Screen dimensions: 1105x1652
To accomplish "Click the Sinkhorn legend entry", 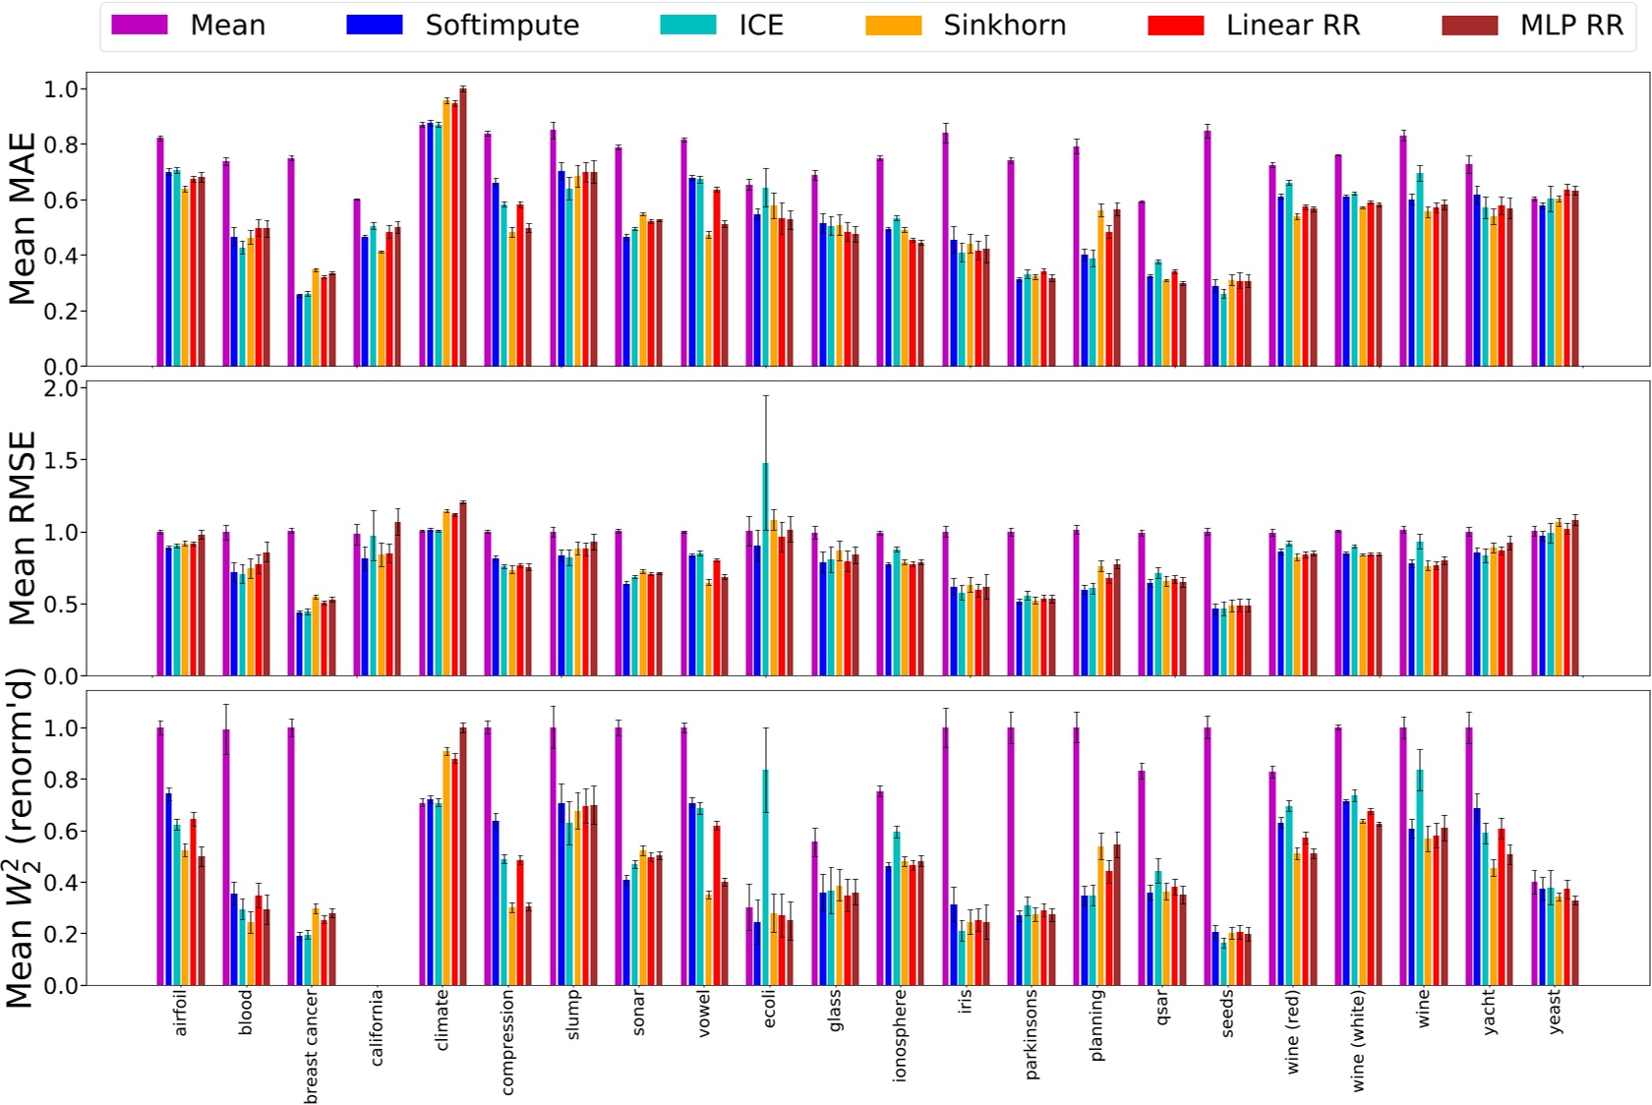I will pyautogui.click(x=1003, y=26).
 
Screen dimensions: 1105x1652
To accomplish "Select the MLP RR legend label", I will pyautogui.click(x=1570, y=26).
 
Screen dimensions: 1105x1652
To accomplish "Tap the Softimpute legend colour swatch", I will pyautogui.click(x=374, y=26).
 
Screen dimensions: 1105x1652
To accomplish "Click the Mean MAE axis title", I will pyautogui.click(x=22, y=218).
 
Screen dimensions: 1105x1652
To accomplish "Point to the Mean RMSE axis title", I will pyautogui.click(x=22, y=528).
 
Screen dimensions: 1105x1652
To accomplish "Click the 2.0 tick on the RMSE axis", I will pyautogui.click(x=61, y=388).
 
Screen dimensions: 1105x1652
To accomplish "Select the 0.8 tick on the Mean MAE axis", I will pyautogui.click(x=61, y=145).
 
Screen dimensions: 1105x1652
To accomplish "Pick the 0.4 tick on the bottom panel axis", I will pyautogui.click(x=61, y=883).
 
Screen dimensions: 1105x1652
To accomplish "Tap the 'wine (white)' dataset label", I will pyautogui.click(x=1359, y=1041).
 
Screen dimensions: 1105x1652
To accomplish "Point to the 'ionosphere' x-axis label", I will pyautogui.click(x=900, y=1035).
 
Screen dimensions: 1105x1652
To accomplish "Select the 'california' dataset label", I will pyautogui.click(x=377, y=1027).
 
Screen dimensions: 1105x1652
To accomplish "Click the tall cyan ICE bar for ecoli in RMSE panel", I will pyautogui.click(x=765, y=570).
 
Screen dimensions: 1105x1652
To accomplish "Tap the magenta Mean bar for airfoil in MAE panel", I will pyautogui.click(x=160, y=253).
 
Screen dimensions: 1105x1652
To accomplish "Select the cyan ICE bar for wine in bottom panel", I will pyautogui.click(x=1420, y=878).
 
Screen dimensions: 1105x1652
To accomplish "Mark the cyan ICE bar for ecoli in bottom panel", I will pyautogui.click(x=765, y=878).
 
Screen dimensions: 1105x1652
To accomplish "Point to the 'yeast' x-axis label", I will pyautogui.click(x=1555, y=1012).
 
